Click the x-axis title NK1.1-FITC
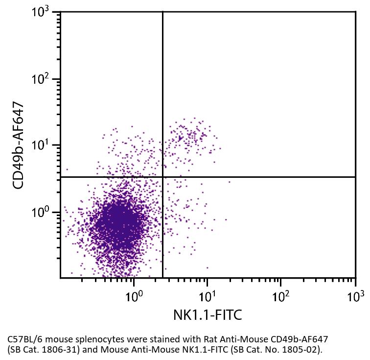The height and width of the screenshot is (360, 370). tap(208, 314)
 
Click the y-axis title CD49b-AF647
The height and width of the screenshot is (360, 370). tap(18, 145)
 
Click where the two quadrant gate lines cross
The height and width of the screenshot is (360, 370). tap(162, 177)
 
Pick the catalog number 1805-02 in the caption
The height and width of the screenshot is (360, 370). tap(302, 349)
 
